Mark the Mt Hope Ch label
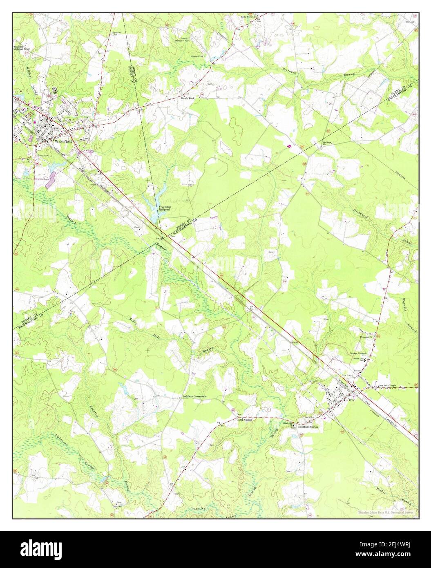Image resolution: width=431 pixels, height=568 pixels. tap(326, 143)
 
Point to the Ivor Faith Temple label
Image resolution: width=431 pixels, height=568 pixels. tap(387, 386)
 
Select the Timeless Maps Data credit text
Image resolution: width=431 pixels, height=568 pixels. tap(386, 512)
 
